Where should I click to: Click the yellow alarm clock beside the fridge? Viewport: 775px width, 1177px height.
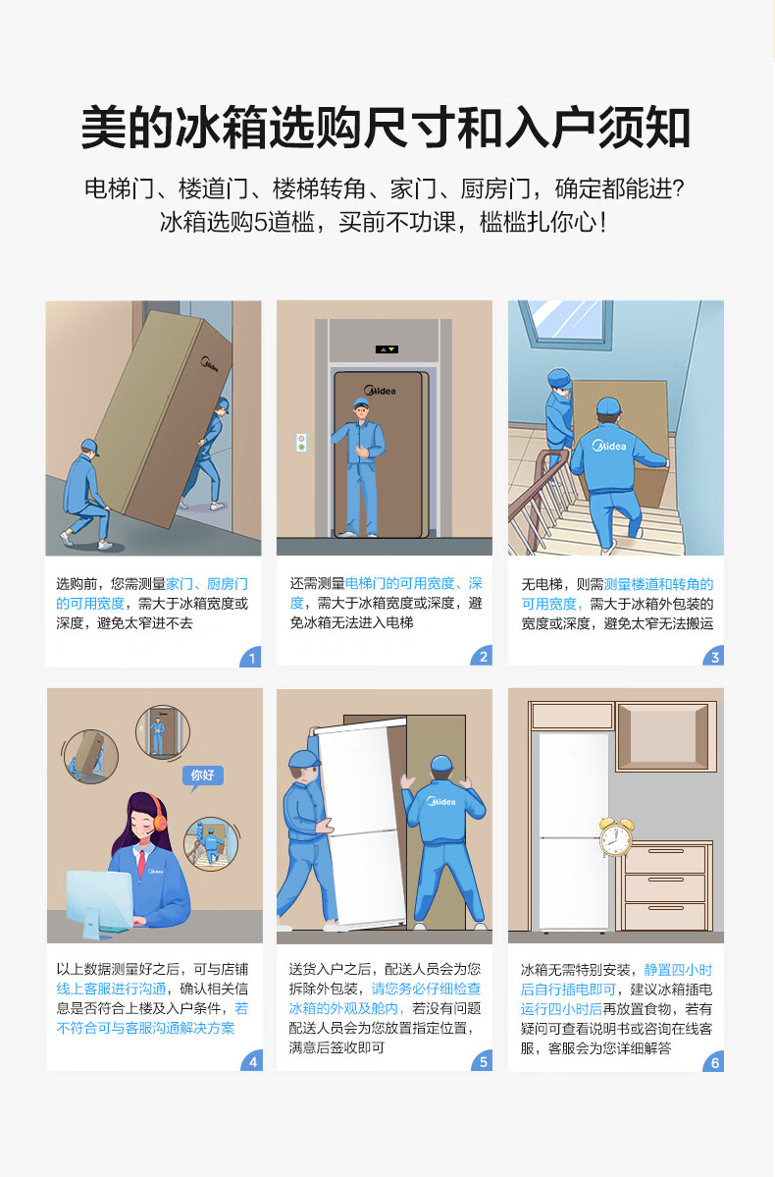tap(615, 837)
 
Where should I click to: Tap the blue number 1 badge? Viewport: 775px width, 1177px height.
tap(250, 657)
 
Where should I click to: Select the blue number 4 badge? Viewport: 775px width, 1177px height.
tap(252, 1060)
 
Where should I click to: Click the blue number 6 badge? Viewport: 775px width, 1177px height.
tap(713, 1061)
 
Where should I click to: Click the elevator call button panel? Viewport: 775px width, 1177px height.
tap(301, 442)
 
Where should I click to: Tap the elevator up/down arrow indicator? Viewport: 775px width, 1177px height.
tap(387, 349)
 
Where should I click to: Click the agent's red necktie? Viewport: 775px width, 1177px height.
tap(140, 863)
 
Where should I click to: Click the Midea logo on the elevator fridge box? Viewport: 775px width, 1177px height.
tap(381, 391)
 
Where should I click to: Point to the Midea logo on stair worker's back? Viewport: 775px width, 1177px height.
tap(609, 446)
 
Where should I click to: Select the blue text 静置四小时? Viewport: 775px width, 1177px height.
tap(678, 970)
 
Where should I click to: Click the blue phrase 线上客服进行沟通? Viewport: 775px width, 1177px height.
tap(111, 989)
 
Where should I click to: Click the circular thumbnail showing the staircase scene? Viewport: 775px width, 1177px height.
tap(211, 843)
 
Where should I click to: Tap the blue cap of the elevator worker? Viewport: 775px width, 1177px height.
tap(362, 403)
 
